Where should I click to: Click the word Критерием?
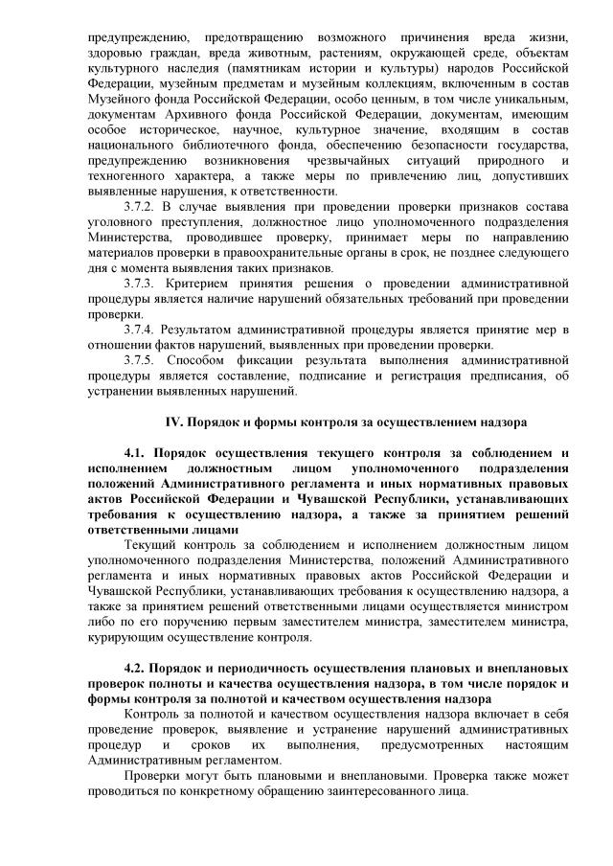click(203, 285)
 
